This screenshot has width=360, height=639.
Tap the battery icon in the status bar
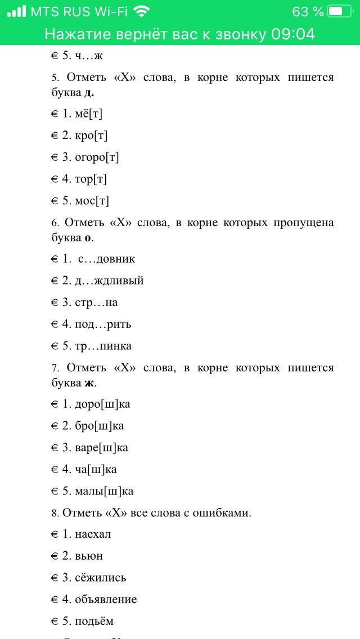(339, 11)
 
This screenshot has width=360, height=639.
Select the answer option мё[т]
(88, 114)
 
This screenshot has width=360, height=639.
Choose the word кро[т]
(91, 136)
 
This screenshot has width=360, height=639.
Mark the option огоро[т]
(97, 157)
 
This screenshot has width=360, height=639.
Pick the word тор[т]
(91, 179)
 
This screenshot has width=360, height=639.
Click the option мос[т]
(92, 201)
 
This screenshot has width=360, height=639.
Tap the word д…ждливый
(109, 281)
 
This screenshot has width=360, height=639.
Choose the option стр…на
(96, 303)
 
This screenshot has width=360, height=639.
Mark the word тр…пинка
(103, 346)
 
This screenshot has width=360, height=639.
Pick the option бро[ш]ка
(100, 426)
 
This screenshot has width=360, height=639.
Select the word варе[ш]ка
(102, 448)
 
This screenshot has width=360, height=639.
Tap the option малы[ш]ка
(104, 491)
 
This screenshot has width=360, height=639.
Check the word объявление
(106, 600)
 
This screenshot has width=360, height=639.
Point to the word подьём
(94, 621)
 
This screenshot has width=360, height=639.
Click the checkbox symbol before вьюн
(55, 556)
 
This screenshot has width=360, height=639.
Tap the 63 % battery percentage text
(308, 11)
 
